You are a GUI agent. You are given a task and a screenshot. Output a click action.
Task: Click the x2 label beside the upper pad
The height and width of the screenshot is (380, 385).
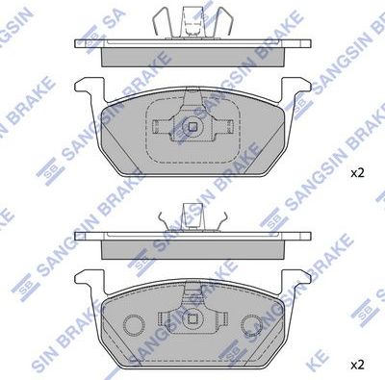tap(357, 173)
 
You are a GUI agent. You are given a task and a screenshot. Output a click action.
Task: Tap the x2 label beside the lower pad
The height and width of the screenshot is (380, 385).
tap(357, 366)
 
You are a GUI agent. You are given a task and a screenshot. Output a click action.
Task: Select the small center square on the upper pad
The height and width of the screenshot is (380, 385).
tap(192, 126)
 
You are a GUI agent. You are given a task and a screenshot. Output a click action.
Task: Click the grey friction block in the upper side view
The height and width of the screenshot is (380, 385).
tap(192, 57)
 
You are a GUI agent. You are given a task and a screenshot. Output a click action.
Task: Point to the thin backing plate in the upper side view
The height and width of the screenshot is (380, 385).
tap(192, 44)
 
